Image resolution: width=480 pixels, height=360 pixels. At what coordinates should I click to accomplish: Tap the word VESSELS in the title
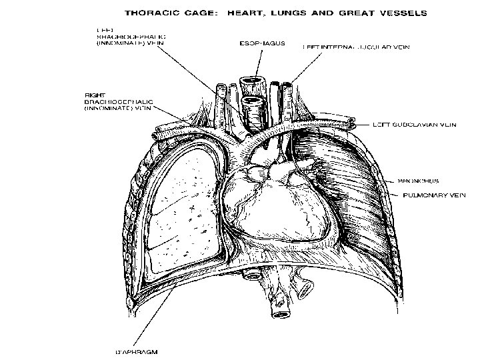coord(401,12)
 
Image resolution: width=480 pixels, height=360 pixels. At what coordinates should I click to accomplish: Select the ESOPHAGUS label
coord(262,43)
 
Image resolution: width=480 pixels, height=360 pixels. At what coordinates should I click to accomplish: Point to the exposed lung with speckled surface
coord(183,207)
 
